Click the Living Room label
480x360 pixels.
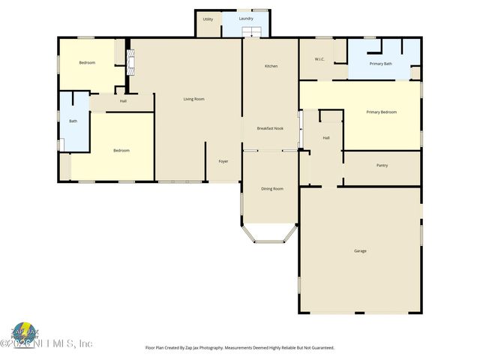pyautogui.click(x=194, y=99)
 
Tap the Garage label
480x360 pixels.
pyautogui.click(x=360, y=250)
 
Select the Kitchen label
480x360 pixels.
pyautogui.click(x=271, y=66)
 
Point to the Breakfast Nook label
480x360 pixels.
pyautogui.click(x=270, y=127)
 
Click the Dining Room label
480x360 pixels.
pyautogui.click(x=271, y=188)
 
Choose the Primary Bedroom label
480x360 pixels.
pyautogui.click(x=381, y=112)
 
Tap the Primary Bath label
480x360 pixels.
pyautogui.click(x=381, y=64)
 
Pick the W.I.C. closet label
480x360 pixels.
pyautogui.click(x=319, y=59)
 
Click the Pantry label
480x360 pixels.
pyautogui.click(x=382, y=165)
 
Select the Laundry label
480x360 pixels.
pyautogui.click(x=246, y=18)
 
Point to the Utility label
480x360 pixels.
pyautogui.click(x=208, y=19)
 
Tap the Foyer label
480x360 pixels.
pyautogui.click(x=223, y=161)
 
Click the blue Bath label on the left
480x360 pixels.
pyautogui.click(x=73, y=121)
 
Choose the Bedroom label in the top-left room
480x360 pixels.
pyautogui.click(x=87, y=62)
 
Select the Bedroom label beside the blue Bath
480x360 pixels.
pyautogui.click(x=121, y=151)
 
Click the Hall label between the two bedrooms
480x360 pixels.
pyautogui.click(x=123, y=100)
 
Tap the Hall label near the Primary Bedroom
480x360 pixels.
pyautogui.click(x=326, y=138)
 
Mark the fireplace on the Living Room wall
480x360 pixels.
pyautogui.click(x=129, y=64)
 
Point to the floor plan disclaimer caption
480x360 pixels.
pyautogui.click(x=239, y=348)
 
